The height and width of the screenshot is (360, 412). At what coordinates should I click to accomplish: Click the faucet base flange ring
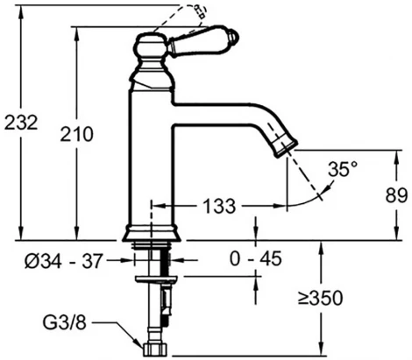pos(151,234)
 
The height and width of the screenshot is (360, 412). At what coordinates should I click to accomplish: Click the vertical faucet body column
pos(152,158)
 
